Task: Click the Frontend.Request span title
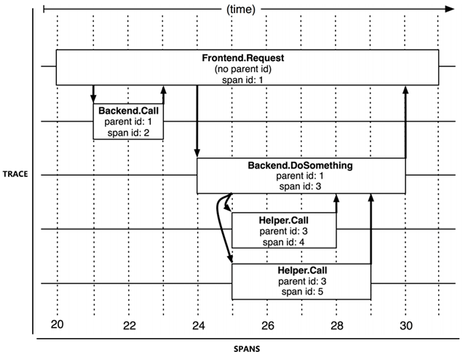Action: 248,58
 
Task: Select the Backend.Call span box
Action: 128,121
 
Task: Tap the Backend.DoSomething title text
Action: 301,165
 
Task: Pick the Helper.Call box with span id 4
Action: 284,231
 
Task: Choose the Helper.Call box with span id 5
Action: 301,281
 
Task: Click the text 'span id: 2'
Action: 128,132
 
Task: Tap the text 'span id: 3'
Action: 301,186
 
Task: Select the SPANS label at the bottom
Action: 248,348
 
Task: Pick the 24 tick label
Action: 197,324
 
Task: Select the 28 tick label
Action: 337,324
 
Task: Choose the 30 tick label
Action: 405,324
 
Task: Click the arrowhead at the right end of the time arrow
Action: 450,9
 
